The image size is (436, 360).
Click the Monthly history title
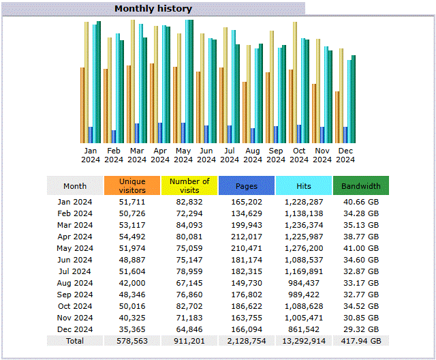(153, 9)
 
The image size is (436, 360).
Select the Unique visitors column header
(132, 185)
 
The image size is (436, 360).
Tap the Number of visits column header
(189, 185)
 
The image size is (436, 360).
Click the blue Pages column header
(247, 186)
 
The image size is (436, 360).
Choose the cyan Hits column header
(304, 186)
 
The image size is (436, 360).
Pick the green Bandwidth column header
(361, 186)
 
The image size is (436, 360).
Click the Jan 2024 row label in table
(75, 202)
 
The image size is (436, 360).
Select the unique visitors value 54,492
(132, 237)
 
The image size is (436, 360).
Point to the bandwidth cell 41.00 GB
(361, 248)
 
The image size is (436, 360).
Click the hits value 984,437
(304, 283)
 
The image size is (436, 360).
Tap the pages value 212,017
(247, 237)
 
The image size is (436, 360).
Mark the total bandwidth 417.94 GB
(361, 341)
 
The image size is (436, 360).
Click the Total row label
(75, 341)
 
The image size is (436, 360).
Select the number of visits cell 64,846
(189, 329)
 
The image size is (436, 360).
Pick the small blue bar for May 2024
(183, 133)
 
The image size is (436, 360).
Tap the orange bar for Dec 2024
(337, 117)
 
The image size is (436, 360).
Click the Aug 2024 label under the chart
(253, 155)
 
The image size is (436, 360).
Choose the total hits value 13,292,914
(304, 341)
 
